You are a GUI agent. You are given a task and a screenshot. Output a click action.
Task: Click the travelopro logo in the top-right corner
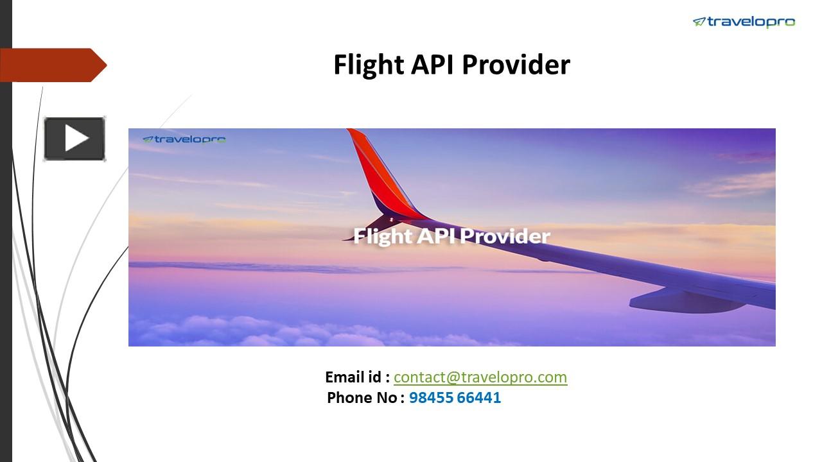click(x=744, y=22)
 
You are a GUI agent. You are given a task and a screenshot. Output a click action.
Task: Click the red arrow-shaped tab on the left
click(x=51, y=65)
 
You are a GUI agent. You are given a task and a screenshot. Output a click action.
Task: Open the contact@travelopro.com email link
click(x=480, y=377)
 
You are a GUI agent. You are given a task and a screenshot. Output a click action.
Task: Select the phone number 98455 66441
click(x=455, y=398)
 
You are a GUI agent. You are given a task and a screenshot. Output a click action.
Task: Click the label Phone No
click(x=363, y=398)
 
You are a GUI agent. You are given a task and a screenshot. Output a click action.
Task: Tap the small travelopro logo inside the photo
click(x=184, y=139)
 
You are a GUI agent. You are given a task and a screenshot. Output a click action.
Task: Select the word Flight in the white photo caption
click(x=383, y=236)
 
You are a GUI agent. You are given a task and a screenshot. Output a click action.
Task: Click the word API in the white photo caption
click(x=437, y=236)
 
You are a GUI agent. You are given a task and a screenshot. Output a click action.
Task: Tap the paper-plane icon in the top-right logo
click(x=699, y=22)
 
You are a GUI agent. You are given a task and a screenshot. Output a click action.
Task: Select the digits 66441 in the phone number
click(x=479, y=398)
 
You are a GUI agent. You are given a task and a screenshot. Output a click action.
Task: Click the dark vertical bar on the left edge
click(x=6, y=257)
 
